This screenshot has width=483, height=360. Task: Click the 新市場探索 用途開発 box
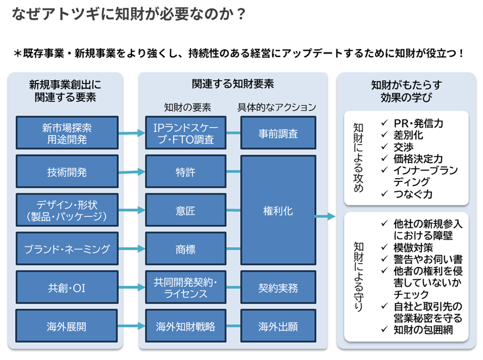67,133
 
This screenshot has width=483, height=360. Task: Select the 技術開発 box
67,172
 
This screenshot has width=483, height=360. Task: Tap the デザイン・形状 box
67,210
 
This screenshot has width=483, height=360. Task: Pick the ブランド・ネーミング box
67,249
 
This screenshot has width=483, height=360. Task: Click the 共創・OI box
67,288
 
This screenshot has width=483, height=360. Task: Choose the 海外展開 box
67,326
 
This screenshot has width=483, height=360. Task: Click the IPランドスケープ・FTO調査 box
185,133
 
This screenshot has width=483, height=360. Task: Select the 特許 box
185,172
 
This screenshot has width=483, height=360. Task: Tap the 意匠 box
185,210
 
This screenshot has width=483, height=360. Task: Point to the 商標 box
185,249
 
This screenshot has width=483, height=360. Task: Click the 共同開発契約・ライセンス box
185,288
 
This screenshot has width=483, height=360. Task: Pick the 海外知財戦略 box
185,326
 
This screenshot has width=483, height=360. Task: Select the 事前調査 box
278,133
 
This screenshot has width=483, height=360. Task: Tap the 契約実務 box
278,288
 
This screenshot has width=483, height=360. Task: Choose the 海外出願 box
278,326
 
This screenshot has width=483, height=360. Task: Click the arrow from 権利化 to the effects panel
325,216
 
